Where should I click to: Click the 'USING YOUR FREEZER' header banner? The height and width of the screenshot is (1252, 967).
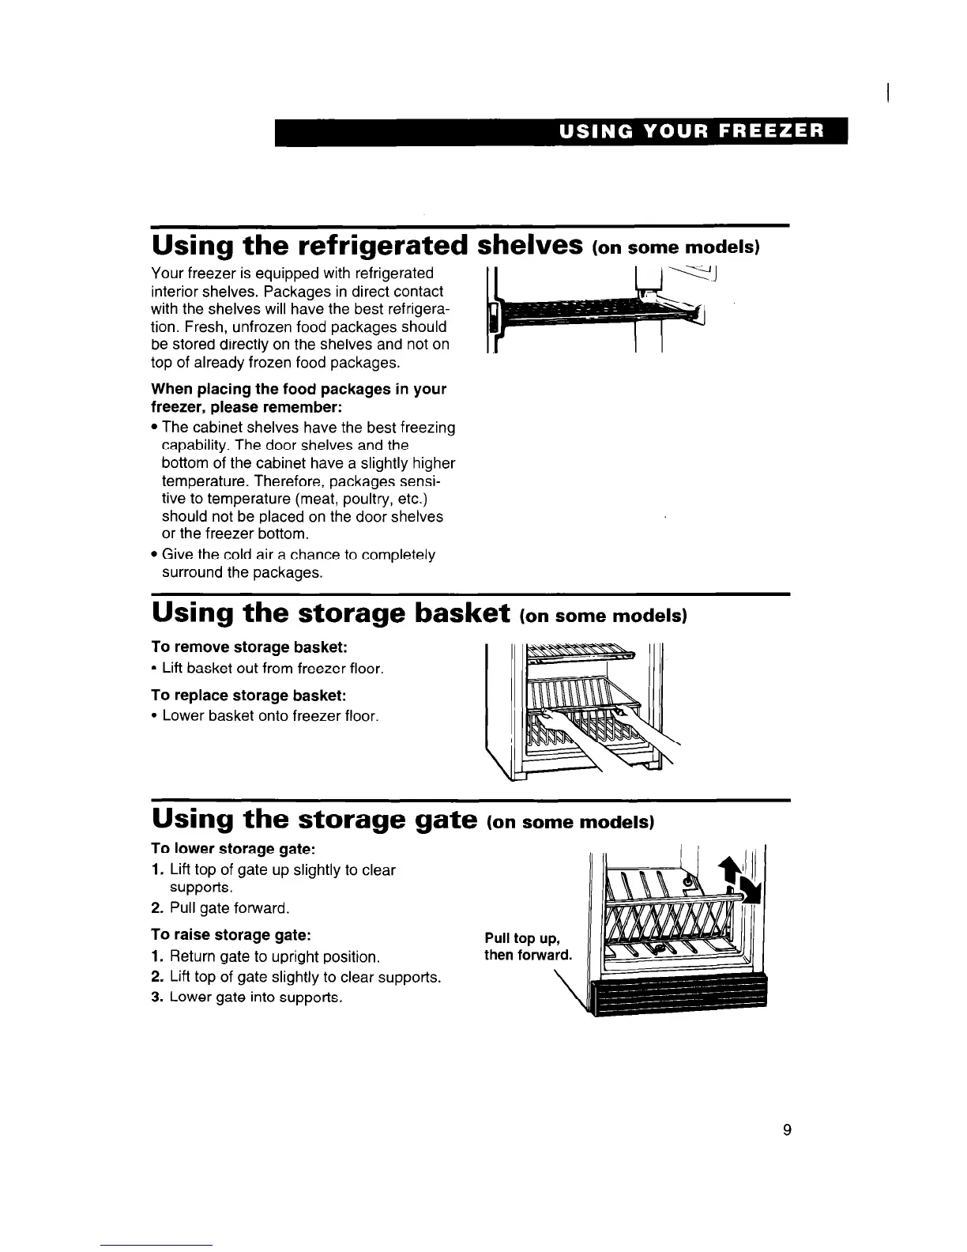point(560,132)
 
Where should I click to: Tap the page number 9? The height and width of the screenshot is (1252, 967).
point(786,1129)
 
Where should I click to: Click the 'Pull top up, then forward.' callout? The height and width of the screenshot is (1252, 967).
point(527,947)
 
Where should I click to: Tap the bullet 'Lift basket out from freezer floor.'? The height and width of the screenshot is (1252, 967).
point(267,669)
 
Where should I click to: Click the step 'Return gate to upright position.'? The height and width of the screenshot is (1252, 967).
point(267,957)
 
